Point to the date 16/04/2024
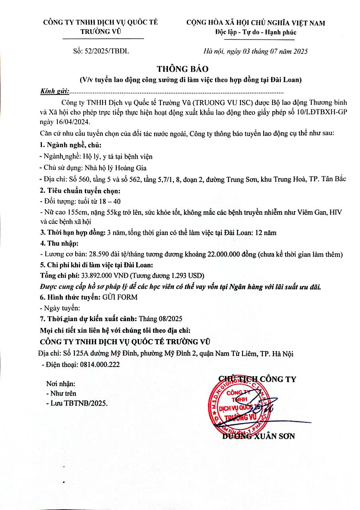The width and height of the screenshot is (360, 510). pos(73,122)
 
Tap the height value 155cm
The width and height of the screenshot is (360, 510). pos(70,213)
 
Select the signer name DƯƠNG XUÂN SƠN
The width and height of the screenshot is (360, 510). pos(258,436)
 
